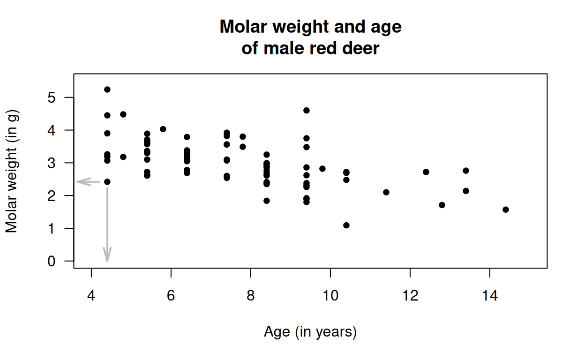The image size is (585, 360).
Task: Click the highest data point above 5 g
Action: tap(107, 90)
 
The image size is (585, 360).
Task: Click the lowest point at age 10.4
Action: tap(346, 225)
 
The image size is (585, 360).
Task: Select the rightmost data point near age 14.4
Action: tap(506, 210)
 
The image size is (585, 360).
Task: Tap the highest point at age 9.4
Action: tap(307, 111)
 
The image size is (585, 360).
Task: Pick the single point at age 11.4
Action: tap(386, 192)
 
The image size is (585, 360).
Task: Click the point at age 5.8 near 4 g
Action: tap(163, 129)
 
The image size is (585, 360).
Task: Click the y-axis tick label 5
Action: tap(51, 97)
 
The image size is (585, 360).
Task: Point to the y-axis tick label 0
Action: tap(51, 261)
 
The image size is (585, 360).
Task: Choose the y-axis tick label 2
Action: tap(51, 195)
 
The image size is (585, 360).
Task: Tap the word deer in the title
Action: tap(360, 48)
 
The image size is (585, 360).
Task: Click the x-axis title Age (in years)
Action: tap(310, 332)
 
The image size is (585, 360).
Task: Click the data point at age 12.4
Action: tap(426, 172)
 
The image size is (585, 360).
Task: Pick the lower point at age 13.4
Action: tap(466, 191)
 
